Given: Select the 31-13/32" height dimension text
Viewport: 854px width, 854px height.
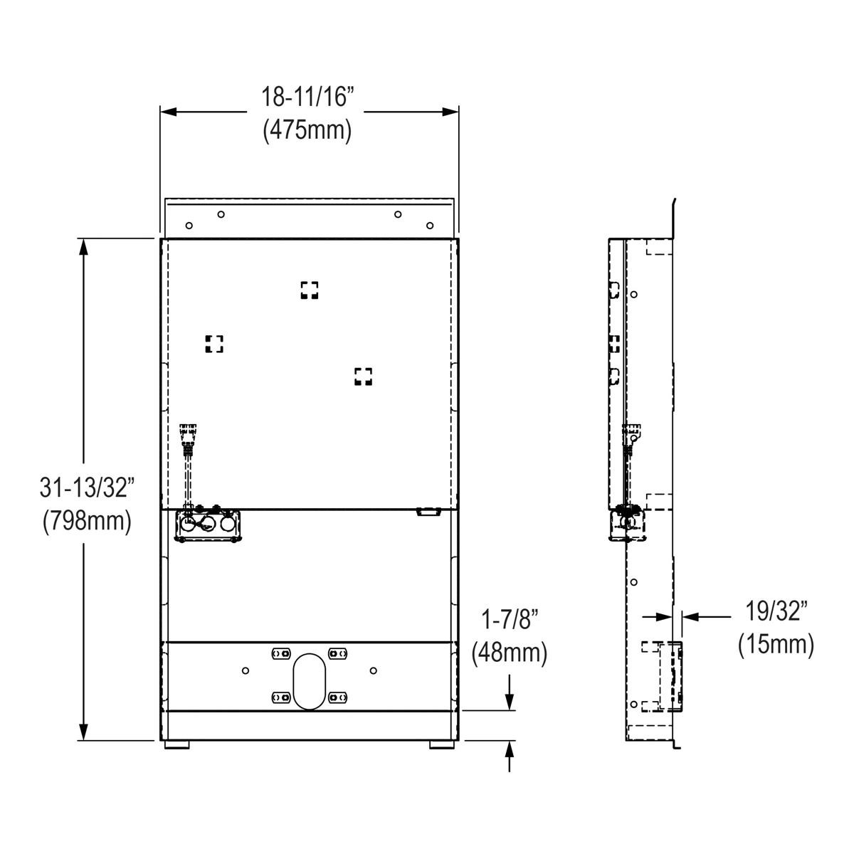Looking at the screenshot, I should click(87, 488).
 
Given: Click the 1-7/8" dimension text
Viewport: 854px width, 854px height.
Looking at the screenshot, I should click(510, 619).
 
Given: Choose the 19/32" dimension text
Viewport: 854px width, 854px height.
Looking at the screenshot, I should click(776, 611).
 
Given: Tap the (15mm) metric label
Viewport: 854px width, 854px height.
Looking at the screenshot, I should click(776, 644).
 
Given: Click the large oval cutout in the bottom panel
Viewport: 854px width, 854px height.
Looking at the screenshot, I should click(309, 681).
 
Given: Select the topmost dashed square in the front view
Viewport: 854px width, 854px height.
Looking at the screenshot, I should click(309, 290).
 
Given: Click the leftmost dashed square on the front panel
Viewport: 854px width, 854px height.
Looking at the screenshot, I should click(214, 344).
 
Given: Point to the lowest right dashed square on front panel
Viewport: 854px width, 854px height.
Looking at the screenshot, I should click(363, 376).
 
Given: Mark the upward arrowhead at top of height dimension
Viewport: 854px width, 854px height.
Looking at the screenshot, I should click(84, 246).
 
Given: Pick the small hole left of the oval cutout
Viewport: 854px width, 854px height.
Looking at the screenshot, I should click(246, 670).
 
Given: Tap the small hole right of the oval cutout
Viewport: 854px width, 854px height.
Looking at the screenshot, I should click(373, 670).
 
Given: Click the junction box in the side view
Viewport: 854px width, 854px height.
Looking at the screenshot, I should click(627, 523).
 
